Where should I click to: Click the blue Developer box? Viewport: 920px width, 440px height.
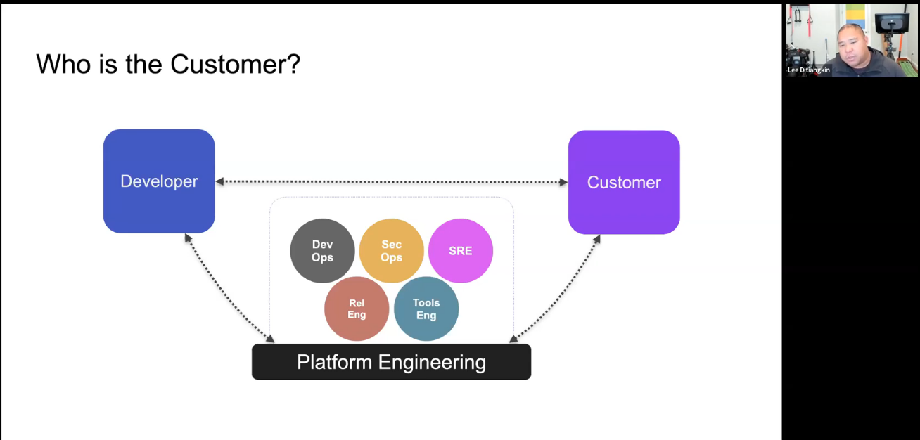coord(159,181)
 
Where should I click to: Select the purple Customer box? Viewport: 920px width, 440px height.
coord(624,183)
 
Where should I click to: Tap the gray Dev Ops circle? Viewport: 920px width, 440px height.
coord(322,251)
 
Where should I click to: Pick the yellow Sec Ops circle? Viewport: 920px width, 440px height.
coord(391,251)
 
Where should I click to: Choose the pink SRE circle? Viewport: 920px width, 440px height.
coord(461,251)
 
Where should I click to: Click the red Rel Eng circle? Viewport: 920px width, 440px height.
coord(357,309)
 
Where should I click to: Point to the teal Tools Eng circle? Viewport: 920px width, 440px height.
coord(426,309)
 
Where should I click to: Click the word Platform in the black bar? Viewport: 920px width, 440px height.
coord(335,363)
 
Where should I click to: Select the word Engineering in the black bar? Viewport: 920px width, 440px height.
coord(432,363)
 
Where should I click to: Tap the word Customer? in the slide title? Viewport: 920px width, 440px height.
coord(235,65)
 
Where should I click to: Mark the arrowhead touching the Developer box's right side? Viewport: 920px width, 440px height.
coord(220,181)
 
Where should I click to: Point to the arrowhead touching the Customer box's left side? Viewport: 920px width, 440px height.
coord(563,183)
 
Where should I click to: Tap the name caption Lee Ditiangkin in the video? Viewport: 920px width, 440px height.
coord(808,70)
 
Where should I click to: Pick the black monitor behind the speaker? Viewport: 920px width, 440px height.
coord(892,22)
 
